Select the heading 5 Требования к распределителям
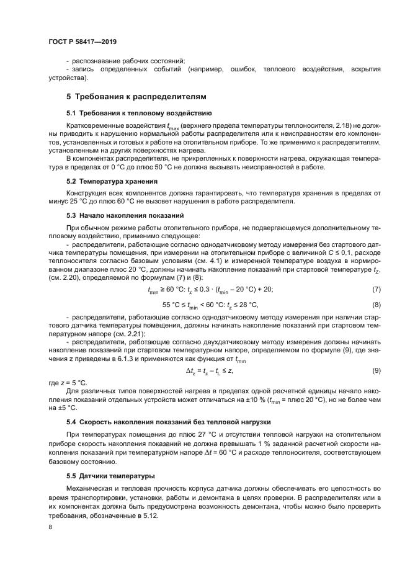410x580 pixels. point(136,97)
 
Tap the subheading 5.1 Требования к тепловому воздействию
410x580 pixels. point(140,114)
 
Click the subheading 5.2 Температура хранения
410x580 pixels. point(112,181)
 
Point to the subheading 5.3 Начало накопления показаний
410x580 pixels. point(125,215)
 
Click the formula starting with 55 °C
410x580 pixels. point(210,305)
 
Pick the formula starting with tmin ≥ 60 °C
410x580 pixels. point(210,290)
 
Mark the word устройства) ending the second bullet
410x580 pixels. point(68,79)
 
